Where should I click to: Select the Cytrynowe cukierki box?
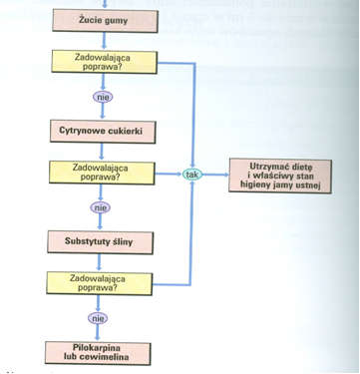pyautogui.click(x=101, y=130)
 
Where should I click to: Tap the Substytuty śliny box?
pyautogui.click(x=101, y=241)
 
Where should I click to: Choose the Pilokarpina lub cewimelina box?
pyautogui.click(x=101, y=351)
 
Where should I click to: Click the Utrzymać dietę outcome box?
pyautogui.click(x=282, y=176)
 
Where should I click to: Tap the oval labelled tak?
pyautogui.click(x=191, y=176)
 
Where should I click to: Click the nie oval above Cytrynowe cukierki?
pyautogui.click(x=101, y=97)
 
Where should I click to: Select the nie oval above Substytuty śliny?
pyautogui.click(x=101, y=207)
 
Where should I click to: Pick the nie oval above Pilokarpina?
pyautogui.click(x=101, y=318)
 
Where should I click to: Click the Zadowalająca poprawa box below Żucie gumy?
pyautogui.click(x=101, y=63)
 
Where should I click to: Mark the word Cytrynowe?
pyautogui.click(x=81, y=130)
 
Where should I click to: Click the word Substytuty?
pyautogui.click(x=87, y=241)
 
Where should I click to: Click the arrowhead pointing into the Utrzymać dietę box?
pyautogui.click(x=225, y=176)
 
